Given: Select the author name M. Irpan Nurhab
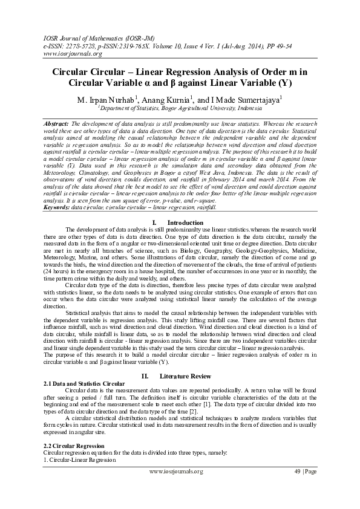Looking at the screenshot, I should [105, 99].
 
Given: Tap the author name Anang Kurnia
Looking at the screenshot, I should [168, 99].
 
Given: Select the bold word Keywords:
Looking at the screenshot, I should [58, 207].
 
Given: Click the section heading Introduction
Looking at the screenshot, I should [185, 223].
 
